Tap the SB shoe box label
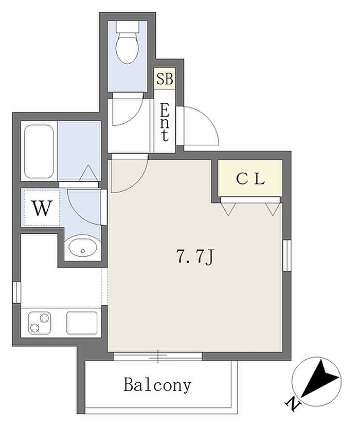click(165, 79)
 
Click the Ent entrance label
click(165, 122)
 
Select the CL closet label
click(250, 179)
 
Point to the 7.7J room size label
click(195, 257)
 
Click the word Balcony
click(157, 385)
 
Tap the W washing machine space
click(43, 208)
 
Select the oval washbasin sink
click(82, 247)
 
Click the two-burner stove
click(40, 323)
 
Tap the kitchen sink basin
click(82, 323)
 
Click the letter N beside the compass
click(292, 405)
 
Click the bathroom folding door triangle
click(88, 173)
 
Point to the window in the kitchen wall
click(16, 292)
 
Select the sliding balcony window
click(158, 356)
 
